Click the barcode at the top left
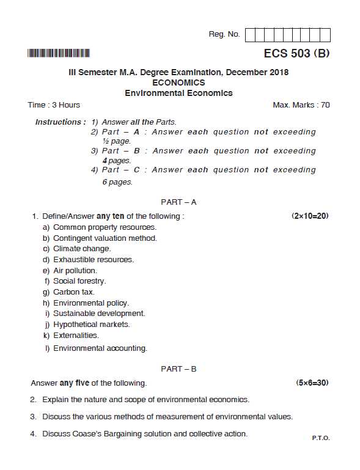click(x=59, y=53)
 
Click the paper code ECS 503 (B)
click(x=296, y=53)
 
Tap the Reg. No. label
click(x=224, y=34)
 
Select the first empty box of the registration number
click(x=251, y=35)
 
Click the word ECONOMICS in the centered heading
click(x=178, y=83)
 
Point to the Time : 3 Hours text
click(x=54, y=105)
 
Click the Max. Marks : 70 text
click(x=301, y=105)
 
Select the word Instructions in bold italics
click(x=59, y=122)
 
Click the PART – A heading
click(x=178, y=201)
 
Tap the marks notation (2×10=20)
click(x=310, y=216)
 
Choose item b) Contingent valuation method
click(x=105, y=238)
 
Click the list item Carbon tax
click(x=73, y=292)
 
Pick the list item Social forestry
click(x=79, y=281)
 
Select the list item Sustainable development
click(x=99, y=314)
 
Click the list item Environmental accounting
click(x=100, y=348)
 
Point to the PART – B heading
click(x=178, y=369)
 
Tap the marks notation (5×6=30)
click(x=312, y=383)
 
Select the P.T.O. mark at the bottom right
click(x=320, y=438)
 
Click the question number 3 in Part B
click(x=33, y=417)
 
